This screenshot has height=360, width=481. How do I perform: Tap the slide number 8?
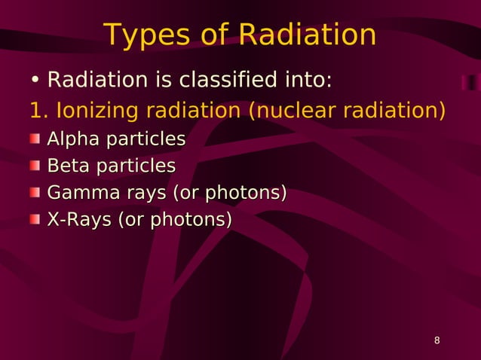pos(437,342)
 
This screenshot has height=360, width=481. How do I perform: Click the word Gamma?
pos(81,194)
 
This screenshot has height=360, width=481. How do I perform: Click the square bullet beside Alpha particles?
pos(35,139)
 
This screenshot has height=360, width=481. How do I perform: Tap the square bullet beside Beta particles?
pos(35,166)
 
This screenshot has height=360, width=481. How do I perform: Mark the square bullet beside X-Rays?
pos(35,220)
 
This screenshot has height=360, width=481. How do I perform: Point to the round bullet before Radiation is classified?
pos(35,81)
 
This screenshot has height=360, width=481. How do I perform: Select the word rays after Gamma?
pos(146,194)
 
